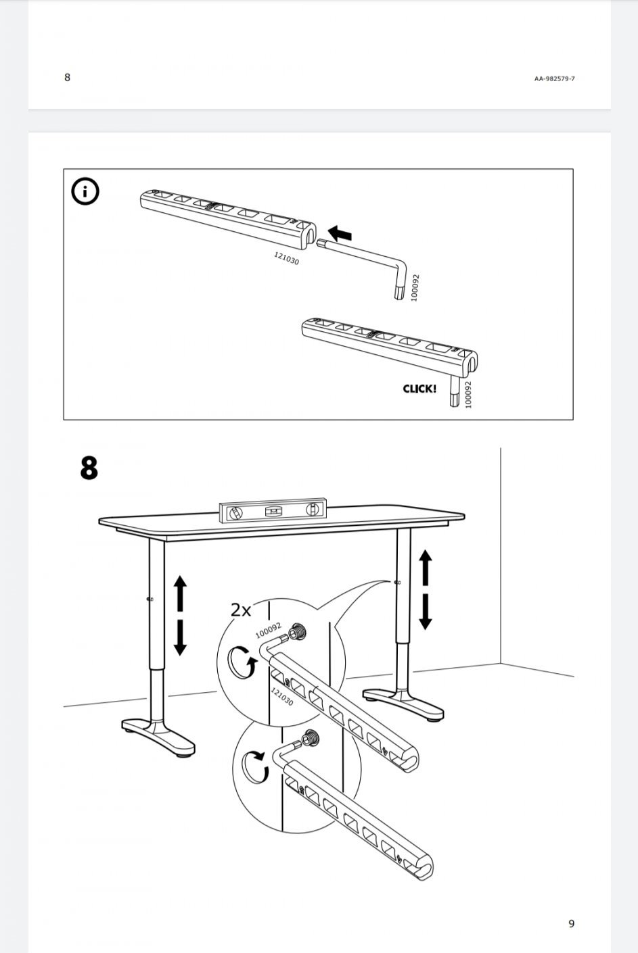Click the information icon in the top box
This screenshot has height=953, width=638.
tap(85, 192)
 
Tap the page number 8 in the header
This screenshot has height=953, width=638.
tap(67, 77)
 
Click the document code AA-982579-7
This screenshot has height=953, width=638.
tap(554, 78)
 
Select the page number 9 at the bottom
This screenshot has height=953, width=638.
tap(571, 923)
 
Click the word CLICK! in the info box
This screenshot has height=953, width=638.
tap(419, 389)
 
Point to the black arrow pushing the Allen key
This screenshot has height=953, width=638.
tap(340, 235)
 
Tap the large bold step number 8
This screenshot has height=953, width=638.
tap(89, 468)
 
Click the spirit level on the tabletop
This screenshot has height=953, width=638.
tap(272, 512)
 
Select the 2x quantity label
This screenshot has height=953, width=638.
tap(240, 610)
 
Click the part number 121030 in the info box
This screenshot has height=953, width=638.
tap(286, 258)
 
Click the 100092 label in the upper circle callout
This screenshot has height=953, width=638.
tap(269, 631)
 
